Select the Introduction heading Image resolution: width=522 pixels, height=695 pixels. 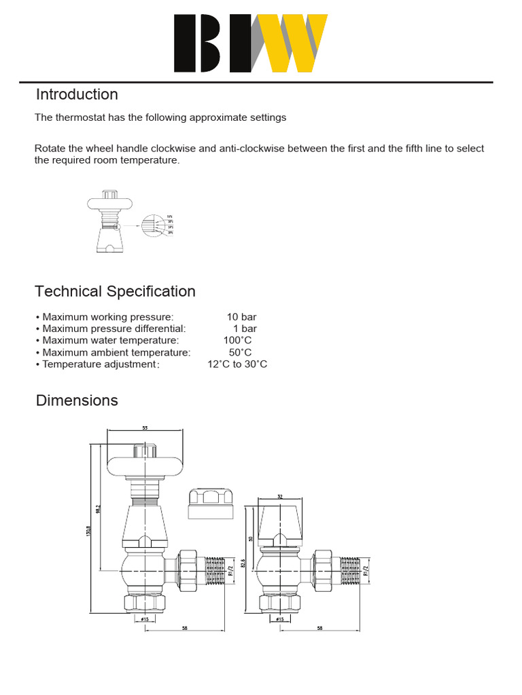[x=77, y=94]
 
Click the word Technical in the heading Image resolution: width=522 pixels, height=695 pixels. [x=68, y=291]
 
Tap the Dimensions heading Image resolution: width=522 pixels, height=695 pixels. [x=77, y=400]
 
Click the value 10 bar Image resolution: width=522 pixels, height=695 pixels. [x=241, y=317]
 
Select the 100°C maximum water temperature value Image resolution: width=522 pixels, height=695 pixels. [x=237, y=340]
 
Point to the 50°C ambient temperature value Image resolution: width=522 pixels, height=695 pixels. [x=240, y=352]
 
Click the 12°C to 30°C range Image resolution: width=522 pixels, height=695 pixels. [x=237, y=364]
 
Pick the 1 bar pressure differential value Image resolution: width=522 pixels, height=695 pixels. [x=245, y=328]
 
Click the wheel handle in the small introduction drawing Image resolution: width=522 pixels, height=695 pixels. [x=113, y=202]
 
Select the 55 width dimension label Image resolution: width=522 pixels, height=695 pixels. [x=145, y=428]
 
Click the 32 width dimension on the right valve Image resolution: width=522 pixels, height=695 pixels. [x=280, y=497]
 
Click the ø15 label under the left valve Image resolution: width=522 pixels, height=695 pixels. [x=144, y=619]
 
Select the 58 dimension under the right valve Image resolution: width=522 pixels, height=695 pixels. [x=320, y=628]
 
